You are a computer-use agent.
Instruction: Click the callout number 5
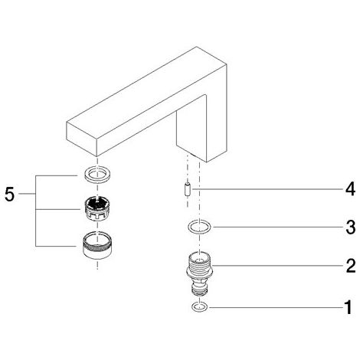point(10,195)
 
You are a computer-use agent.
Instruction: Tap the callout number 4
point(350,189)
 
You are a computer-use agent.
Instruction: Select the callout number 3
point(351,227)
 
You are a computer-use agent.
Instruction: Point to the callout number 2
point(351,266)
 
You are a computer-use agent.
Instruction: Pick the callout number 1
point(349,307)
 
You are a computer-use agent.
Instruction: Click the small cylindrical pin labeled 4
point(188,190)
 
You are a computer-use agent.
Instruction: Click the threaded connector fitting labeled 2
point(200,273)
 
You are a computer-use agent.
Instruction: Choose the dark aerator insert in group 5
point(97,208)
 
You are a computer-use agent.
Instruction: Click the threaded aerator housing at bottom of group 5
point(97,245)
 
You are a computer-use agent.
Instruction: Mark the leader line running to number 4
point(267,189)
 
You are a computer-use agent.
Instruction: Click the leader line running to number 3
point(278,227)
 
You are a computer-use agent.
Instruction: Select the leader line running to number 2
point(278,266)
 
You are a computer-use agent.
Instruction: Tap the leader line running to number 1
point(277,307)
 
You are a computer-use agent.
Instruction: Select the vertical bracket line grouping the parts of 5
point(35,211)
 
